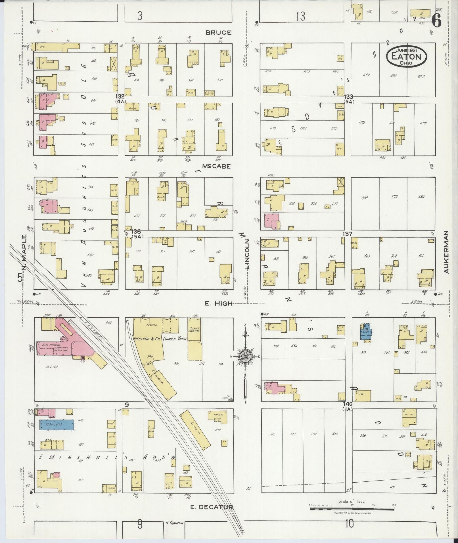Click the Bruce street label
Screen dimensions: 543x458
click(x=218, y=33)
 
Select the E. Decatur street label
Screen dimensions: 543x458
click(x=212, y=507)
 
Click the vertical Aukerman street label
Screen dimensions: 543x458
click(x=446, y=252)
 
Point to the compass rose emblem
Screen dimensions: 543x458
click(x=245, y=357)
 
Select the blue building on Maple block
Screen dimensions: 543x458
click(x=57, y=425)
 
